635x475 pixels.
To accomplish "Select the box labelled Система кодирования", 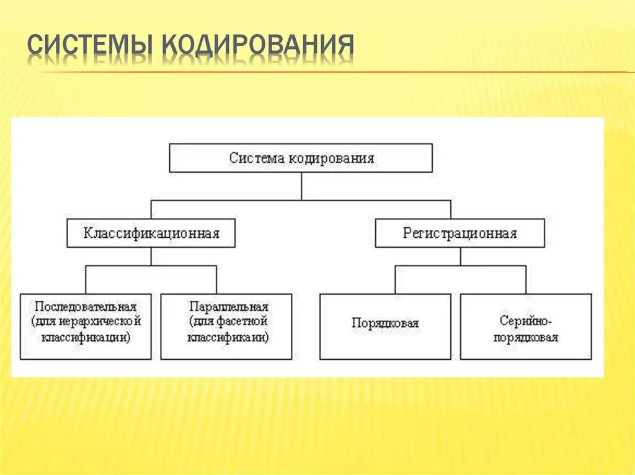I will click(x=301, y=158).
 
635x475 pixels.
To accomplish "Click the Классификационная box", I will click(x=151, y=233).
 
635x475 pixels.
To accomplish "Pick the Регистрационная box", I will click(x=460, y=233).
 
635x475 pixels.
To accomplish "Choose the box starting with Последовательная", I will click(x=86, y=326).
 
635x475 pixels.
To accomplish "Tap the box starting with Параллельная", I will click(x=226, y=326).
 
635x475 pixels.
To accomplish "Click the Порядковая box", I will click(x=385, y=326).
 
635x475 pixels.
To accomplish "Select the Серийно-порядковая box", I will click(x=525, y=326).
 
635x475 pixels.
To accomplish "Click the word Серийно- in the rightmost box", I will click(x=526, y=321).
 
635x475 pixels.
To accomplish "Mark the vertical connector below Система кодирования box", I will click(x=301, y=186).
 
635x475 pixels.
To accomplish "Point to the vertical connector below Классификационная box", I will click(x=151, y=256).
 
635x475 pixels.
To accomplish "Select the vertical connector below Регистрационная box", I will click(x=460, y=256).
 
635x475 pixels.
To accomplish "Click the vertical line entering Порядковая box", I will click(x=395, y=280).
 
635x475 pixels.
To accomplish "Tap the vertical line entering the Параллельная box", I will click(x=216, y=280).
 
